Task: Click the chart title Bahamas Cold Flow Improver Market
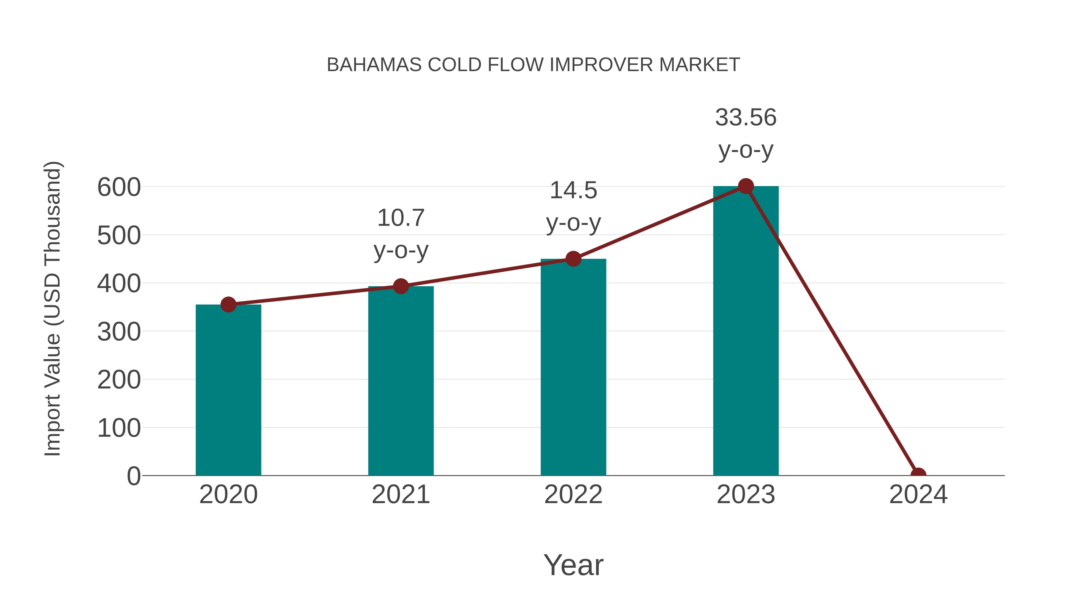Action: (533, 65)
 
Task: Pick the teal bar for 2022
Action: (573, 369)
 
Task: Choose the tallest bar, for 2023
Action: (746, 331)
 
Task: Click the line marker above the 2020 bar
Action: (228, 305)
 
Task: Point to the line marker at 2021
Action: (400, 286)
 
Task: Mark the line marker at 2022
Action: (573, 259)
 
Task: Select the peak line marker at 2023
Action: (746, 186)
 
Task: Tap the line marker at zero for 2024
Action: (918, 475)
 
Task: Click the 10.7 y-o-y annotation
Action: (400, 234)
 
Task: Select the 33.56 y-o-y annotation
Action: (746, 133)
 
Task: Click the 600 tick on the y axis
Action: (119, 187)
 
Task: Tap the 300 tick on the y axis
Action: (119, 332)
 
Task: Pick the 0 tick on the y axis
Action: (134, 476)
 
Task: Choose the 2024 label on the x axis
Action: (918, 495)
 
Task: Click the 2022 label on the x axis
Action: (573, 495)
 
